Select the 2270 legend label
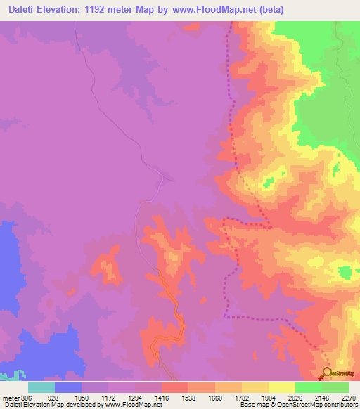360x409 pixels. [349, 396]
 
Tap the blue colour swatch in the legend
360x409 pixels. [67, 387]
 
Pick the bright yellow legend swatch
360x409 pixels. [281, 387]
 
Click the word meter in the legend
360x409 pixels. [10, 396]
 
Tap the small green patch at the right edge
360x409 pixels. [345, 271]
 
